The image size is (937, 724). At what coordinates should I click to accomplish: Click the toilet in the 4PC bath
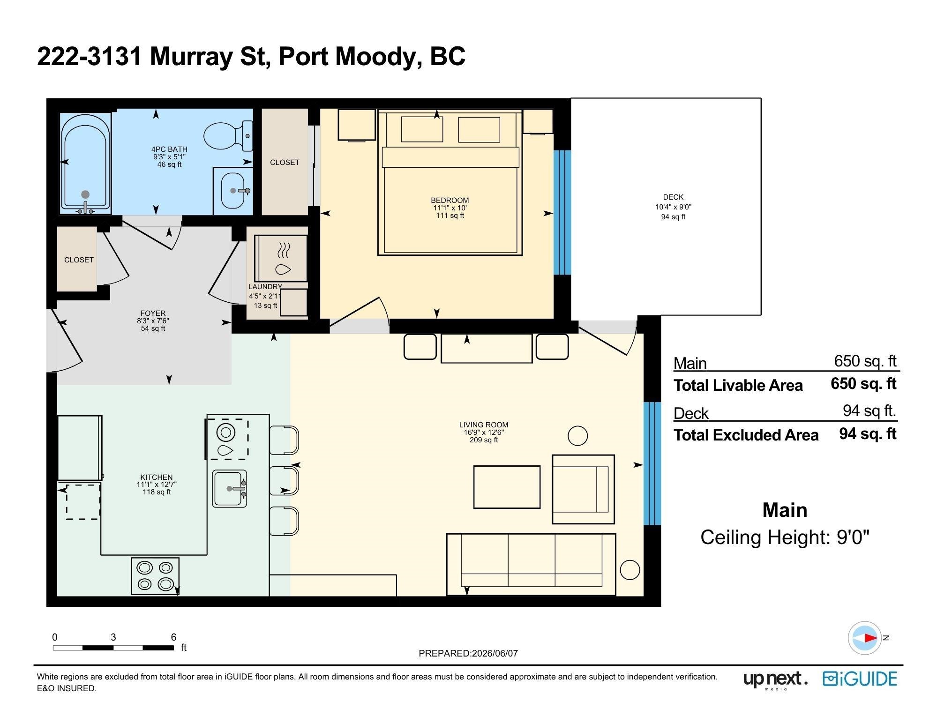(x=228, y=136)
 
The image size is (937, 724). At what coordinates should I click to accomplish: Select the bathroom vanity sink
(x=233, y=190)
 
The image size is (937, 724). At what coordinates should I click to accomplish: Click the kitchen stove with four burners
(x=155, y=576)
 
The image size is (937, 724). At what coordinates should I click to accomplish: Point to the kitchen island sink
(x=230, y=489)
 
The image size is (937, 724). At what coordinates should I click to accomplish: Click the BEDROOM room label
(x=450, y=201)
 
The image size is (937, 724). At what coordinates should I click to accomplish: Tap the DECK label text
(x=673, y=197)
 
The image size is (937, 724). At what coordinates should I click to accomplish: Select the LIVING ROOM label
(x=484, y=425)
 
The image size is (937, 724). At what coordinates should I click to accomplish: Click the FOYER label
(x=153, y=313)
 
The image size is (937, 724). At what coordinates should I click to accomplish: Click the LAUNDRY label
(x=265, y=287)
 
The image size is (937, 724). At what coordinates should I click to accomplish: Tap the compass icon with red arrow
(x=864, y=638)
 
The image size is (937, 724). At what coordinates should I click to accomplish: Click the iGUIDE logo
(x=860, y=679)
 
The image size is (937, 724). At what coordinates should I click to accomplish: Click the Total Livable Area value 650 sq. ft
(x=863, y=384)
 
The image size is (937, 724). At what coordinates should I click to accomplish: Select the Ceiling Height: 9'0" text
(x=785, y=537)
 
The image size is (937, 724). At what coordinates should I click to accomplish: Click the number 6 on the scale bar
(x=173, y=637)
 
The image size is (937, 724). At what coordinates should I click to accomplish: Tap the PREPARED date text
(x=468, y=653)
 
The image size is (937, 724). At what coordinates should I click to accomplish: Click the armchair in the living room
(x=583, y=489)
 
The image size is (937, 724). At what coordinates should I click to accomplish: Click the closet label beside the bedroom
(x=285, y=163)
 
